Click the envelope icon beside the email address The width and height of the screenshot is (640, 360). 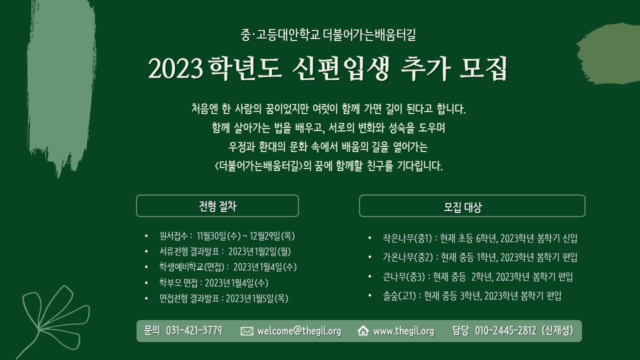(247, 331)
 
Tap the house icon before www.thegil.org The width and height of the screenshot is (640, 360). (363, 331)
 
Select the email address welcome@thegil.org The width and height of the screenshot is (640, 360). (299, 331)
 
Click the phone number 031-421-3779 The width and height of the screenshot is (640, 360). (194, 330)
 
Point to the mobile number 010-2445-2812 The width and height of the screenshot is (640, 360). (505, 330)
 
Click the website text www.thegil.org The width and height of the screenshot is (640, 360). (403, 331)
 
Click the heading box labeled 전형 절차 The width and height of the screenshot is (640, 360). (217, 205)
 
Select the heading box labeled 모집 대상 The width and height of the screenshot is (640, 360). (472, 205)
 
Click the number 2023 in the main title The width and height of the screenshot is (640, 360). (175, 69)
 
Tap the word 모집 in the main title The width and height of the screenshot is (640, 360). (483, 68)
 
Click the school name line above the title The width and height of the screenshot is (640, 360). (328, 35)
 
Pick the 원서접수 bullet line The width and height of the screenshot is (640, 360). (227, 236)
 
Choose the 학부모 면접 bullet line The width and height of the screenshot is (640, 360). (213, 283)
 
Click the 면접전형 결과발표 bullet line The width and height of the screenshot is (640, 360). (223, 298)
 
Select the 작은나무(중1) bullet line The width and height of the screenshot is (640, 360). (480, 238)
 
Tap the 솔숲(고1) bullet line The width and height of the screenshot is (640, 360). (472, 296)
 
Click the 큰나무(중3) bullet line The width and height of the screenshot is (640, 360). (477, 277)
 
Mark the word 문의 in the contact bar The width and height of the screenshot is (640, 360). (152, 330)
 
